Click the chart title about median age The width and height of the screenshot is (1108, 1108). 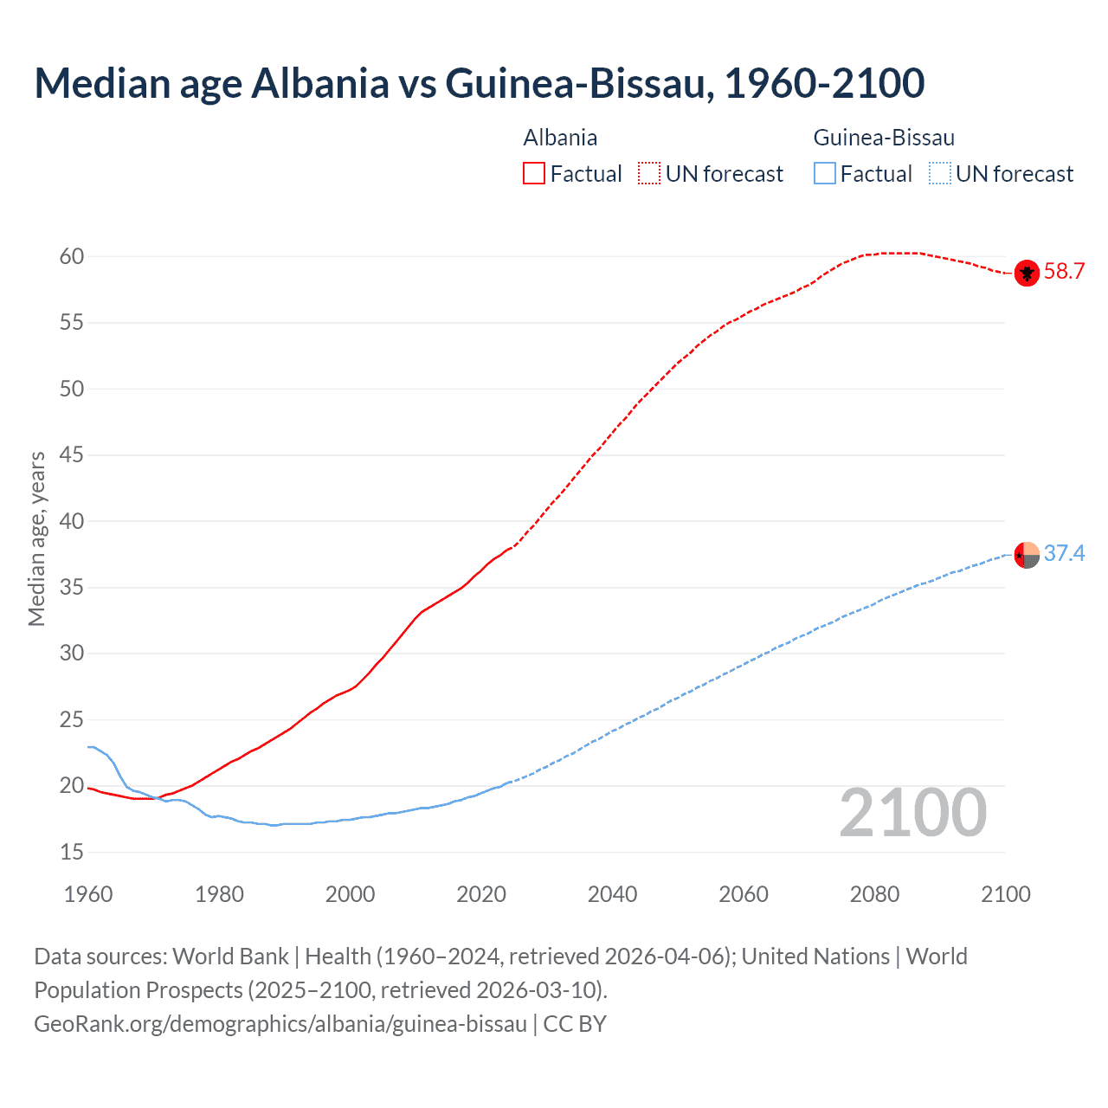coord(479,83)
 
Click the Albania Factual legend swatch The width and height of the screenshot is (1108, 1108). coord(534,174)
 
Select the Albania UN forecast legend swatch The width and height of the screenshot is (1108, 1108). coord(649,174)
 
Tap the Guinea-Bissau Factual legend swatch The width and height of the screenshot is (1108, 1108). coord(825,174)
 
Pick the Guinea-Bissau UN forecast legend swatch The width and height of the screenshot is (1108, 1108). coord(940,174)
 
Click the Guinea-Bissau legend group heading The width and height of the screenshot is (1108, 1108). coord(884,138)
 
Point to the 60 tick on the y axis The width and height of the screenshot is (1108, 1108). coord(72,256)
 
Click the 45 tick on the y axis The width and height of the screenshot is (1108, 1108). coord(72,455)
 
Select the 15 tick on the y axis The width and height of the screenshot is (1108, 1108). coord(72,853)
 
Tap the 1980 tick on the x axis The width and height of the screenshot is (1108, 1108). coord(219,894)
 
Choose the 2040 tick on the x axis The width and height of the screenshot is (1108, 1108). coord(612,894)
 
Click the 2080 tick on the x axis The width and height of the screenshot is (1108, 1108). coord(874,894)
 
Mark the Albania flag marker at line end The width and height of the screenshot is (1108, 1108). coord(1027,273)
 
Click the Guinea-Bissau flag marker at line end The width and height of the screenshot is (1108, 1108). coord(1027,555)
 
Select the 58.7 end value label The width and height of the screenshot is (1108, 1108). coord(1064,272)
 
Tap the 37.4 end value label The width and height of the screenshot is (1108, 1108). coord(1064,554)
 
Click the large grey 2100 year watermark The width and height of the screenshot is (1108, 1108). coord(912,813)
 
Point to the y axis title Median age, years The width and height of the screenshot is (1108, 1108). coord(36,538)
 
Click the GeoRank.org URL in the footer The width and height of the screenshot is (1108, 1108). coord(280,1024)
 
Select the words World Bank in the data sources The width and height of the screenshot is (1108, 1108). coord(230,957)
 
